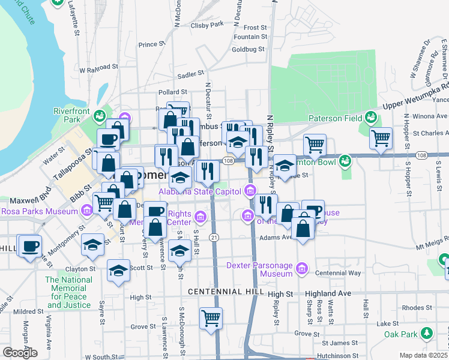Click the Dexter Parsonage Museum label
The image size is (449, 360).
coord(259,269)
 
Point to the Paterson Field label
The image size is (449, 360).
coord(336,118)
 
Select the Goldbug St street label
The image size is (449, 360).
coord(248,50)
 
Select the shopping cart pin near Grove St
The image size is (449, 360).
coord(211,318)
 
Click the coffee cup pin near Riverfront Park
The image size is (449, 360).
coord(108,140)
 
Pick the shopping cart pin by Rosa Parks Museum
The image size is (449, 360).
coord(104,202)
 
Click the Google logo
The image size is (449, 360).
coord(20,353)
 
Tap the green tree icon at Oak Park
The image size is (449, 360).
coord(427,333)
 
